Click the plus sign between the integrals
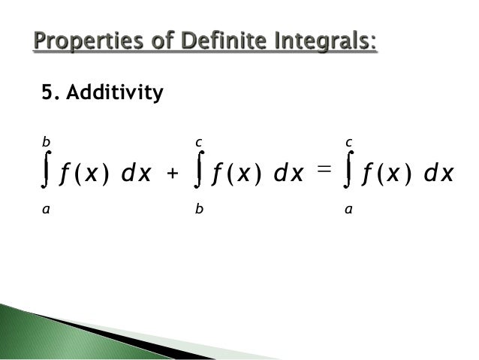[173, 175]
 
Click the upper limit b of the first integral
[46, 141]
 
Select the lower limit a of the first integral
[46, 212]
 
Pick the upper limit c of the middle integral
[197, 141]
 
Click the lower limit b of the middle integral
[197, 212]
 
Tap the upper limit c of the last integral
[348, 141]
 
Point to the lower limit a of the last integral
[348, 212]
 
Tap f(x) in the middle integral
[233, 175]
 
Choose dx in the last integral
[438, 175]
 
